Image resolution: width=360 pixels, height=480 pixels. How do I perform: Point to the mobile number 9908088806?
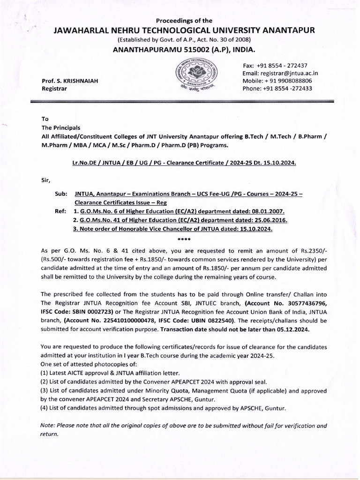pos(295,81)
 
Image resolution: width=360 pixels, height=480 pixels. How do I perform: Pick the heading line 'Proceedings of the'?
pos(184,21)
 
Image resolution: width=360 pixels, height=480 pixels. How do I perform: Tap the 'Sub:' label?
pos(61,193)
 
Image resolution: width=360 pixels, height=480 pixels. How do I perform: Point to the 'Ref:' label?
pos(61,211)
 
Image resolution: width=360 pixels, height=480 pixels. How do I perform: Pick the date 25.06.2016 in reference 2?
pos(269,220)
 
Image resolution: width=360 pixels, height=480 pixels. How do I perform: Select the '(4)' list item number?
pos(45,408)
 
